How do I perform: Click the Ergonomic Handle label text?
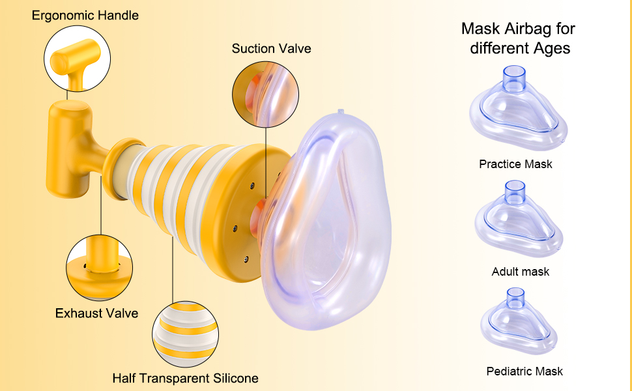[85, 15]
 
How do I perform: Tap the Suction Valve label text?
[271, 49]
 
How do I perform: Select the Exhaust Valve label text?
[96, 313]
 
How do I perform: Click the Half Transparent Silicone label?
[185, 378]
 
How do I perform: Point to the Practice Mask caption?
[515, 164]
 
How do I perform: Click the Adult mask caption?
[520, 272]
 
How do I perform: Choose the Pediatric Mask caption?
[524, 371]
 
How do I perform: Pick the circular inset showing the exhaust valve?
[99, 268]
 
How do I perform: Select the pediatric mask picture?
[521, 323]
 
